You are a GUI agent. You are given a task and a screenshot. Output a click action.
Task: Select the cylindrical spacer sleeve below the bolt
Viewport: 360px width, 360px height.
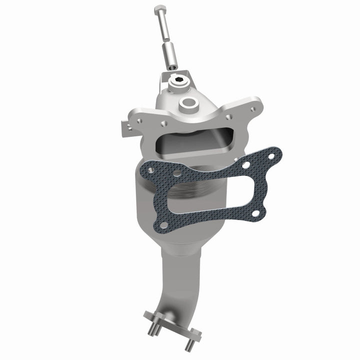(169, 55)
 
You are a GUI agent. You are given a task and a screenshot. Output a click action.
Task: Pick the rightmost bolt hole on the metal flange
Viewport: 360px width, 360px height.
(255, 106)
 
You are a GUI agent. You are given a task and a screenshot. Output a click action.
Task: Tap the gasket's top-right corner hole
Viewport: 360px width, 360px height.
(270, 156)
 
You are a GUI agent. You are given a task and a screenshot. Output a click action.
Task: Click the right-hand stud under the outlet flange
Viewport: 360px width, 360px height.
(189, 345)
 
